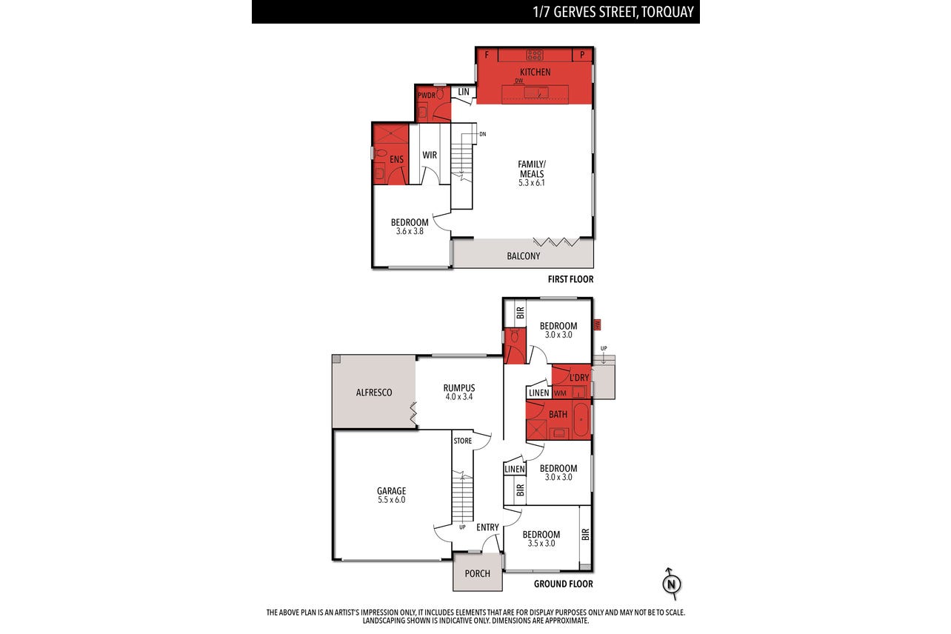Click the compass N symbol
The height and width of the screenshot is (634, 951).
tap(671, 584)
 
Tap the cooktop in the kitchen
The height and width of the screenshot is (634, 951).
tap(535, 55)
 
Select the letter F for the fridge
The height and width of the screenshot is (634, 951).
tap(487, 55)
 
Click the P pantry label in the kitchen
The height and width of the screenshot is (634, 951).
tap(582, 55)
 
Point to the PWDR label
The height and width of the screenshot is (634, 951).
tap(427, 95)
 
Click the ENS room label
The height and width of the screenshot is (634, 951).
tap(396, 159)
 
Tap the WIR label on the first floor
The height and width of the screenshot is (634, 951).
tap(430, 155)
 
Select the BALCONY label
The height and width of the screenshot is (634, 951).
tap(524, 256)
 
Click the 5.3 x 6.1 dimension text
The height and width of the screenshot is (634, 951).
tap(532, 183)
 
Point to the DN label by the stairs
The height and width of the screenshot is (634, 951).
tap(483, 134)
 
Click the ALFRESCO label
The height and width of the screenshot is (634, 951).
tap(374, 393)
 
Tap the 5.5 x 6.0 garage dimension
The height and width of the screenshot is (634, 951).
tap(392, 500)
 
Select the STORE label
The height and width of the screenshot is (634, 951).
tap(463, 441)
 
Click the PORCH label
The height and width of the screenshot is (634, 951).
tap(478, 574)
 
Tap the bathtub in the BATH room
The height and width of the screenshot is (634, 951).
tap(581, 419)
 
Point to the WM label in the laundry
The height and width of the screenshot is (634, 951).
tap(560, 393)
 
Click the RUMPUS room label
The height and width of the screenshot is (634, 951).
tap(459, 387)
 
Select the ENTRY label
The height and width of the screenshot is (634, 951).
tap(487, 527)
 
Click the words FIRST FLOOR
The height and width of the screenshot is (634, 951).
tap(570, 279)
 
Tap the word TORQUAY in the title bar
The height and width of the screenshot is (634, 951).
tap(667, 12)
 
